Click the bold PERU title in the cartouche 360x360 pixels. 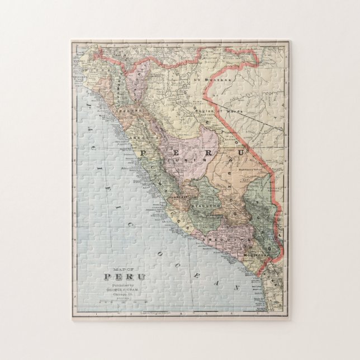click(125, 277)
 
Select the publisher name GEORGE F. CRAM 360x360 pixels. click(125, 290)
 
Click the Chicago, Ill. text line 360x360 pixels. click(125, 294)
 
